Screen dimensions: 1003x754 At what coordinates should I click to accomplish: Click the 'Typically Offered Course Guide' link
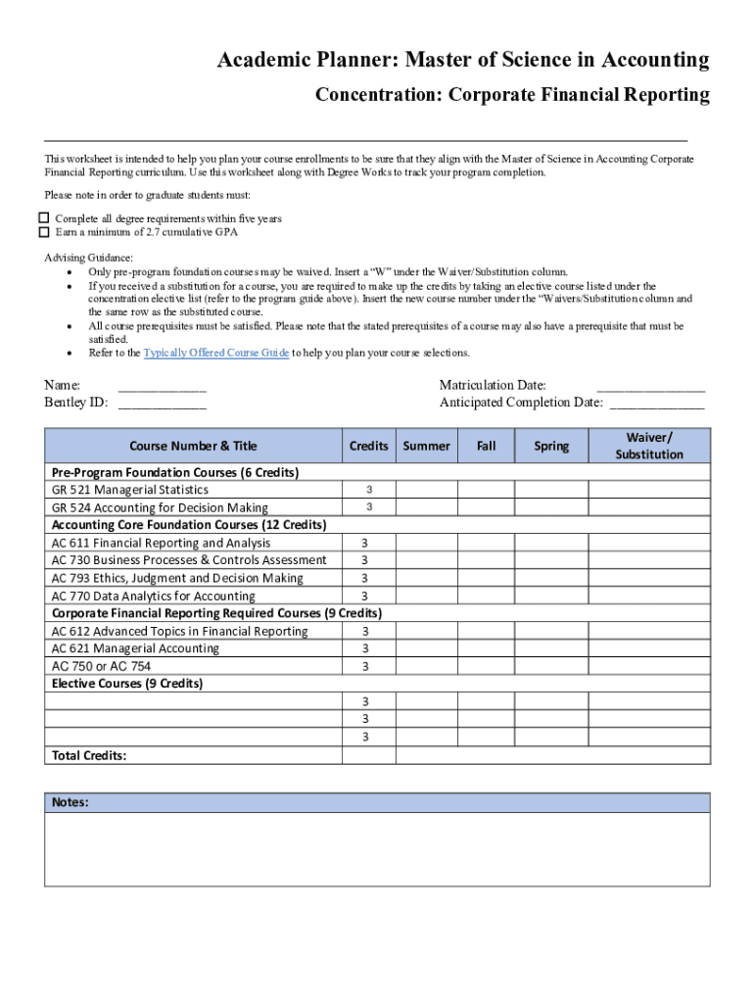click(215, 353)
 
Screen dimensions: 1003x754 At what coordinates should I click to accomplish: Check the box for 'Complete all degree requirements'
click(43, 218)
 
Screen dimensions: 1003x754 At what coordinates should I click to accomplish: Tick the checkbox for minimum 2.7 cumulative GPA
click(43, 232)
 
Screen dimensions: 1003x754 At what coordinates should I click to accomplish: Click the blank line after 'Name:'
click(162, 386)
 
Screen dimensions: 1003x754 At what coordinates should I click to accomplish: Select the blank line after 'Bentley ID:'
click(162, 403)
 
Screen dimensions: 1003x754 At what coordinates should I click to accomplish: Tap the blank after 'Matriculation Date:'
click(650, 386)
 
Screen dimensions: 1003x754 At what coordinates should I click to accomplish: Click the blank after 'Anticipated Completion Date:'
click(656, 403)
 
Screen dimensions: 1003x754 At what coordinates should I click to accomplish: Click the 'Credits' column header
click(368, 446)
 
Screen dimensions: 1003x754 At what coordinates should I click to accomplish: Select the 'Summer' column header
click(426, 446)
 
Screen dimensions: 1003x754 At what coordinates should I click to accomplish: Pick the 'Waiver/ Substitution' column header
click(649, 446)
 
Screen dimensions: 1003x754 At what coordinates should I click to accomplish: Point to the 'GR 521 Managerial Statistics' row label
click(130, 490)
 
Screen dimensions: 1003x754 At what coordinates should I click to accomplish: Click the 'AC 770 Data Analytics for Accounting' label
click(154, 596)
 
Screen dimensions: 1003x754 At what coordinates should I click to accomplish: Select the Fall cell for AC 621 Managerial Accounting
click(486, 648)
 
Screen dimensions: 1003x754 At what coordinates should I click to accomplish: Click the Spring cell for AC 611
click(551, 543)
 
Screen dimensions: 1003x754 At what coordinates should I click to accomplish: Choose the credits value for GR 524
click(368, 507)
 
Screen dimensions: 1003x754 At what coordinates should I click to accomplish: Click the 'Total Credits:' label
click(89, 755)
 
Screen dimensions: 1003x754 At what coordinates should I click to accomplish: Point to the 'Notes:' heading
click(71, 802)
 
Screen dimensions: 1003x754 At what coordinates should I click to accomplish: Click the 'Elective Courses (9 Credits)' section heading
click(127, 684)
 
